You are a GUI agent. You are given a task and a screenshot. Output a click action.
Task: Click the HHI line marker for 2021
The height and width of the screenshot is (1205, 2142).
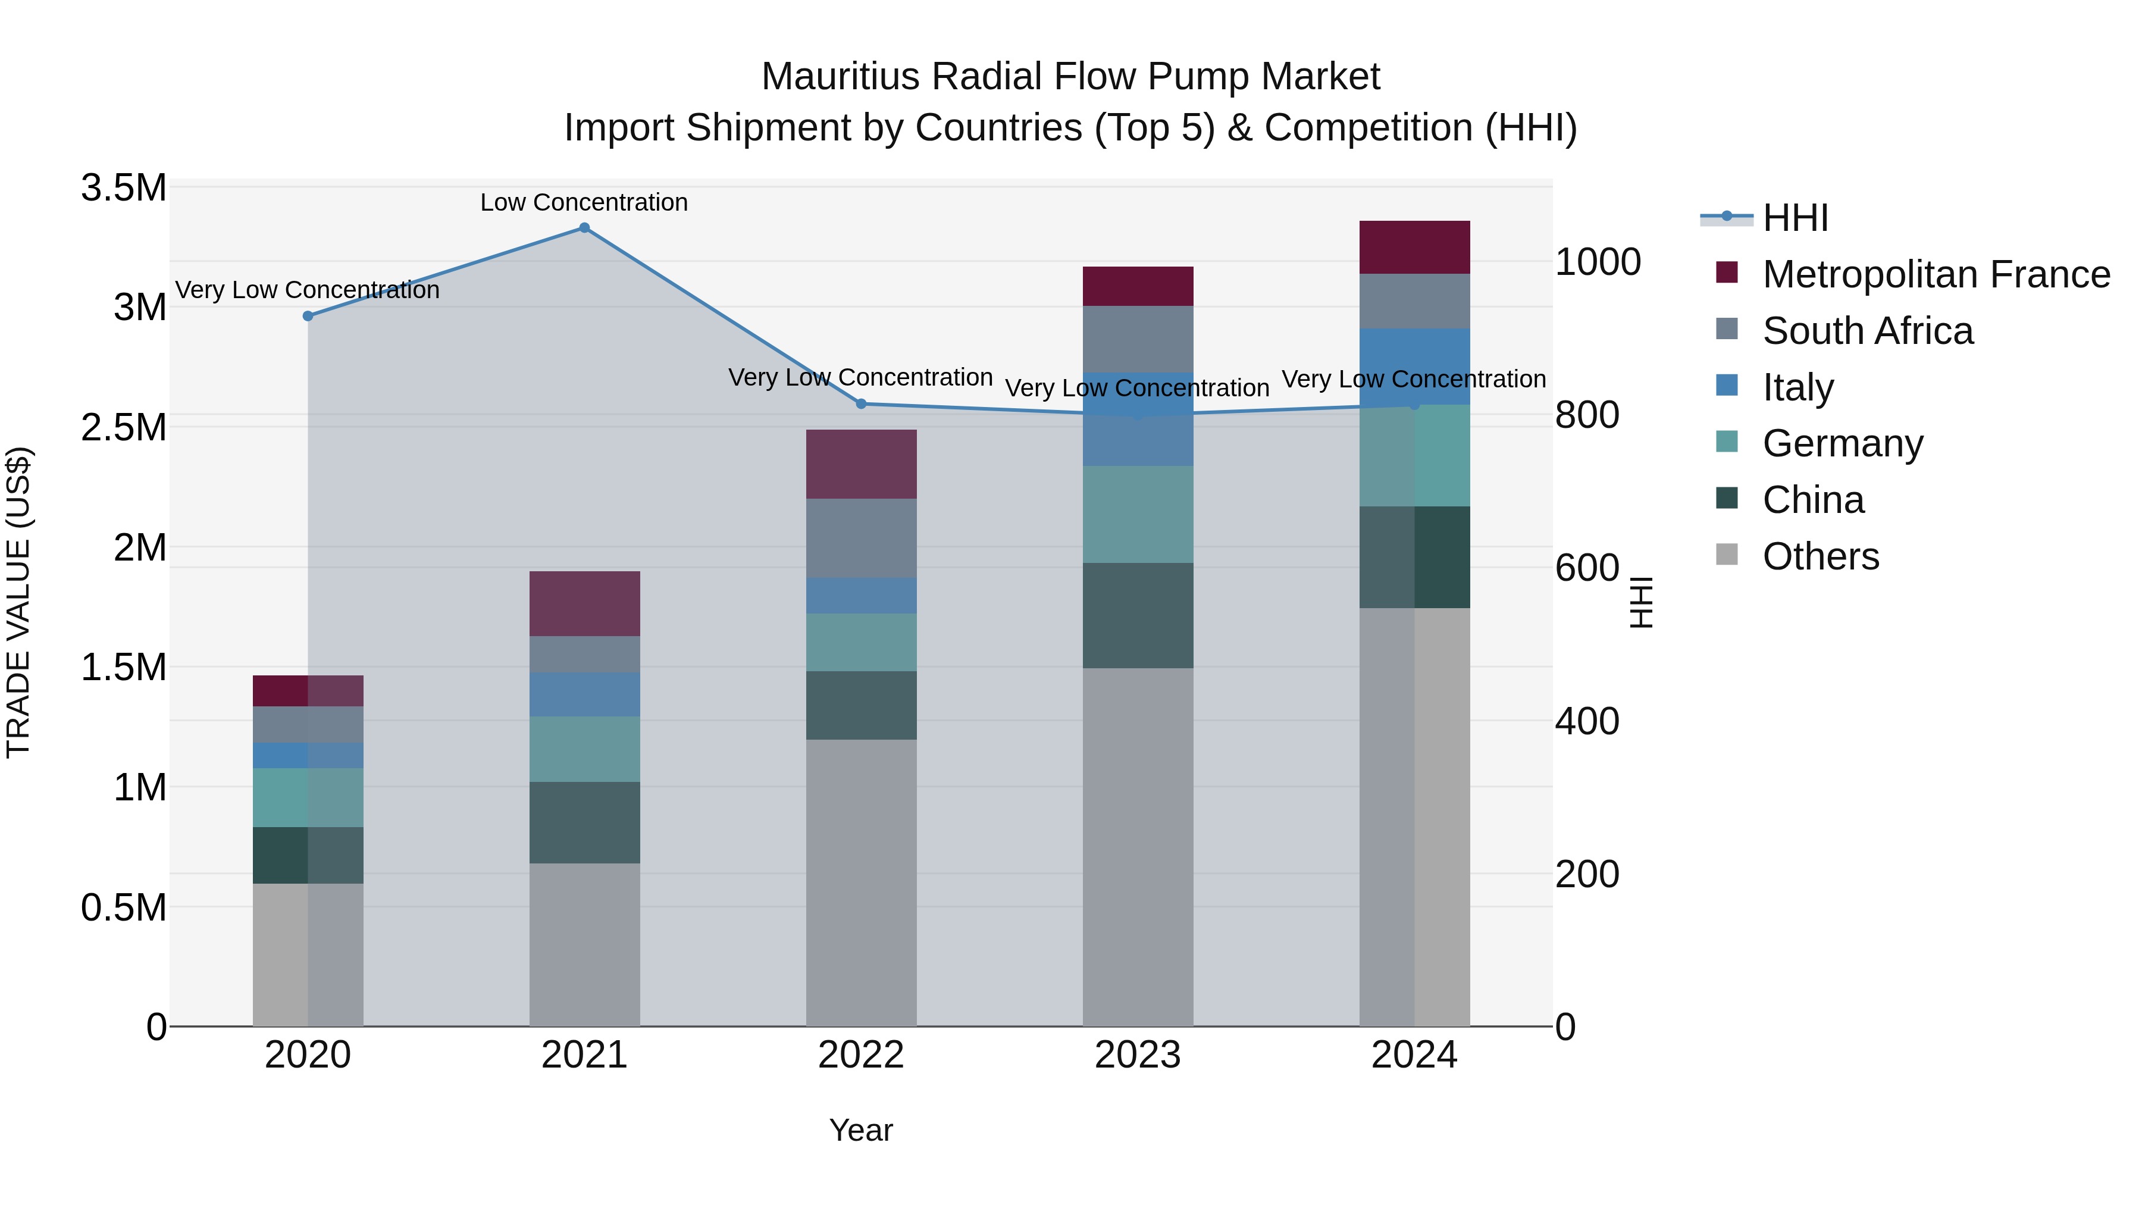tap(584, 228)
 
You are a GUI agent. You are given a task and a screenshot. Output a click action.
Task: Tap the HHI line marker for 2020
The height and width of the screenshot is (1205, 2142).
tap(308, 316)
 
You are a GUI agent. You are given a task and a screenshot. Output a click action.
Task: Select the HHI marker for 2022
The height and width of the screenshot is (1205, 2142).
tap(862, 404)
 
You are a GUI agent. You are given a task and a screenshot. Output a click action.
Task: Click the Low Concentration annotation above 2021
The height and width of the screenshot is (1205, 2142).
tap(584, 203)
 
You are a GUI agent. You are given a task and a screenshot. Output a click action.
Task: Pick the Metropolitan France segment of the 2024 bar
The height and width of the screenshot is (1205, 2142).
tap(1414, 248)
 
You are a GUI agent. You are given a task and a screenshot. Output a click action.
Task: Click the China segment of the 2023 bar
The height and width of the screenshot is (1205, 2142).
tap(1138, 615)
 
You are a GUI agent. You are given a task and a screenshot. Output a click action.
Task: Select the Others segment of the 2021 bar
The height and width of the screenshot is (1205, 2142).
tap(584, 944)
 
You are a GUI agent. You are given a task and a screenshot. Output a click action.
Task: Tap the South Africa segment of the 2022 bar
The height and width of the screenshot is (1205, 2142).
tap(862, 538)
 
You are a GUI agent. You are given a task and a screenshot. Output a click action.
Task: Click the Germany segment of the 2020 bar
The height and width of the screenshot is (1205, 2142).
tap(308, 797)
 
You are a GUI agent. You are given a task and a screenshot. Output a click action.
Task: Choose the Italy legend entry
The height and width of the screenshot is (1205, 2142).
tap(1797, 387)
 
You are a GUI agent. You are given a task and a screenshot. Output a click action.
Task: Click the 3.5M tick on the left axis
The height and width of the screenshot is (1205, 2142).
tap(124, 188)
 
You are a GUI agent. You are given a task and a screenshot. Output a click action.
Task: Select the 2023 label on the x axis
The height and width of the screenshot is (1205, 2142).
tap(1138, 1055)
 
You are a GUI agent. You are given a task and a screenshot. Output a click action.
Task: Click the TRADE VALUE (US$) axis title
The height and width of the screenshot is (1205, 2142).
tap(19, 602)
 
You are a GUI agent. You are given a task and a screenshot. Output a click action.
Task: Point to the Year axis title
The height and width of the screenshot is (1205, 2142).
tap(860, 1130)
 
